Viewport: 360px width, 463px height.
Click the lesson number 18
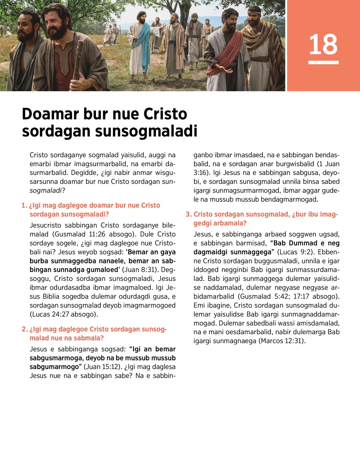tap(323, 44)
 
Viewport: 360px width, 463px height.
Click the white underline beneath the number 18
tap(323, 62)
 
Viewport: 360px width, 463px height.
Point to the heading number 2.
tap(24, 329)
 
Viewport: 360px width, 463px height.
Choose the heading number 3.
tap(188, 215)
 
